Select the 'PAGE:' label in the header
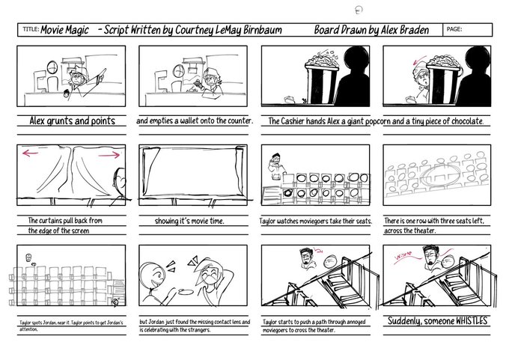(x=454, y=29)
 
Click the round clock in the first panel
(x=52, y=67)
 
